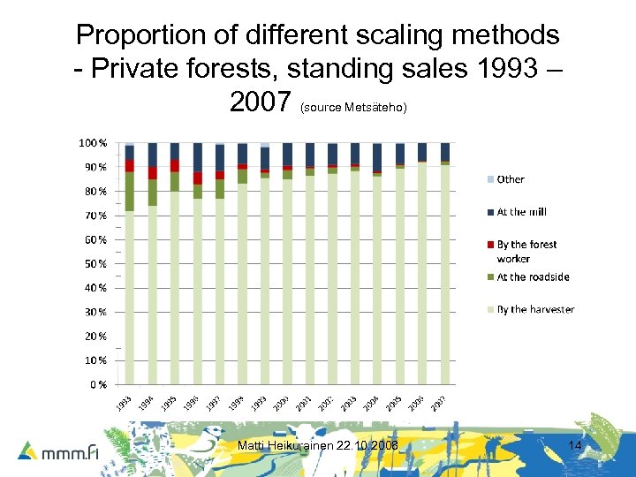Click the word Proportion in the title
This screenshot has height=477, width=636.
pos(141,35)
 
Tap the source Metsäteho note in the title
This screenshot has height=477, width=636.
pos(352,108)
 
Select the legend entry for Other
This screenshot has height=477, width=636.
pos(510,179)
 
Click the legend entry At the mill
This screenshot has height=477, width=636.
pos(520,212)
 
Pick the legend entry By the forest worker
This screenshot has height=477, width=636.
pos(526,251)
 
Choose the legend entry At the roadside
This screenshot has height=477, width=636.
pos(532,277)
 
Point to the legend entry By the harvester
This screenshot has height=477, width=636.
pos(534,309)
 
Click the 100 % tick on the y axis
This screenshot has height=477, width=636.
pos(93,143)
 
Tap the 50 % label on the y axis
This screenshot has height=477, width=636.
pos(95,263)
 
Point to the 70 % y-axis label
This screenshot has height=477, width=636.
pos(95,216)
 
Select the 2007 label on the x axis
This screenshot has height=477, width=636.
pos(439,403)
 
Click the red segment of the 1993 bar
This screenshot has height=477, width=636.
pos(130,165)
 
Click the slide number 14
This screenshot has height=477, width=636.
pos(575,446)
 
